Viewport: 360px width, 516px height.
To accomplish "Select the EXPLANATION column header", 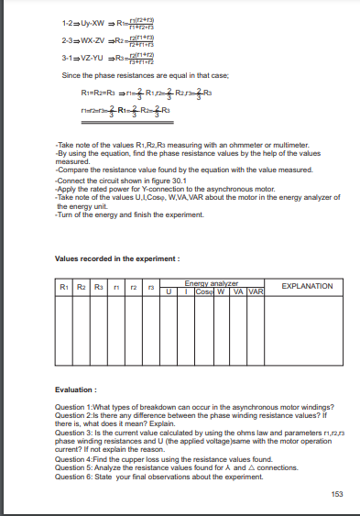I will coord(307,286).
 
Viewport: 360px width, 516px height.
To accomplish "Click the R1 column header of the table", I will coord(62,287).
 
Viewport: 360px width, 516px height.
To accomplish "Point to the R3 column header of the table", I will coord(97,287).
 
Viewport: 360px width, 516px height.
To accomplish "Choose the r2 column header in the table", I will coord(133,287).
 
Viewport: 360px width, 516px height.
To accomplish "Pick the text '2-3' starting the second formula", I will coord(67,41).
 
